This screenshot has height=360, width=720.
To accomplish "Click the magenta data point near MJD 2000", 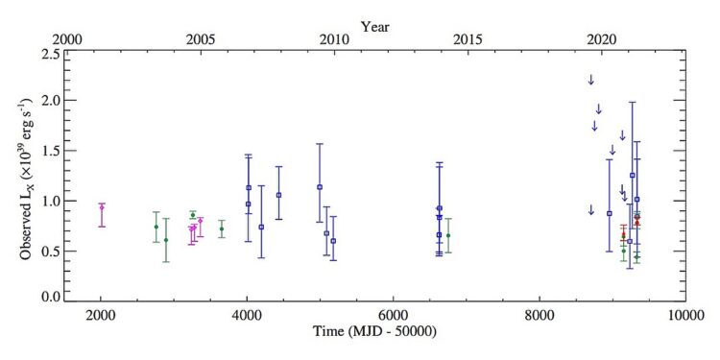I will point(102,207).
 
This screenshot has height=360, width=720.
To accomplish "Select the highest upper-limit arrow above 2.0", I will point(591,80).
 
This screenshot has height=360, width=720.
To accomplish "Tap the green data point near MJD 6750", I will point(447,235).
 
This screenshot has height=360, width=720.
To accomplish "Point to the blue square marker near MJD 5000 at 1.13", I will point(319,187).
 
